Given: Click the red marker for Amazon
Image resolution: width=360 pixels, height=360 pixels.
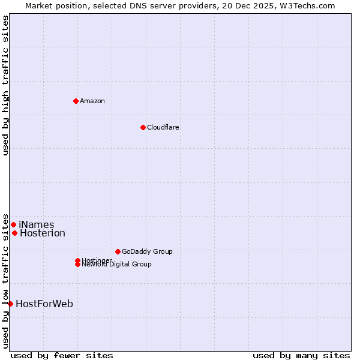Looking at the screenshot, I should (76, 101).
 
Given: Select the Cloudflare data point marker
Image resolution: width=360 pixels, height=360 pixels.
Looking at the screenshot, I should (143, 127).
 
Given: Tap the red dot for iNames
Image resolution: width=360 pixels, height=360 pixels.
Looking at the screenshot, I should (13, 224).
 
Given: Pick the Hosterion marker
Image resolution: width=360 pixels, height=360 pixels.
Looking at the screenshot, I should (14, 233).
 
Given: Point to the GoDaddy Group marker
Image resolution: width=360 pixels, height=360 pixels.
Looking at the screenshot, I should (118, 251).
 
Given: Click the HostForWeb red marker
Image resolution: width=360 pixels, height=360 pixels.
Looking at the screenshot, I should (10, 304).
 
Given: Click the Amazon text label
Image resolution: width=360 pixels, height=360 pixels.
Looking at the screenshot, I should (92, 101).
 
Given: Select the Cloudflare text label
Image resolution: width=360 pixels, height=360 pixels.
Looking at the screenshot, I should (163, 127).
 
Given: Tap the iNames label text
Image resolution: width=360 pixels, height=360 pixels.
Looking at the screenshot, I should (36, 225).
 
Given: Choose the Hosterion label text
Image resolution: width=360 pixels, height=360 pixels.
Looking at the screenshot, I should (43, 233).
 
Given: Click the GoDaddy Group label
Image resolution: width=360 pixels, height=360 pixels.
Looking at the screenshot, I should (147, 251).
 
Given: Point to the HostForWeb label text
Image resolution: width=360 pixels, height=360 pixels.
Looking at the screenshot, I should (44, 304).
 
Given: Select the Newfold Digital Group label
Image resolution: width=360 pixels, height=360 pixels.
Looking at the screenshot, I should (117, 265).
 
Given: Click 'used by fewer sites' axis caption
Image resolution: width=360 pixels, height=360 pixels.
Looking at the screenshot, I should (62, 355).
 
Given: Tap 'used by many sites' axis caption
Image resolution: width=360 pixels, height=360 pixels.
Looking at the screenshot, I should (301, 355).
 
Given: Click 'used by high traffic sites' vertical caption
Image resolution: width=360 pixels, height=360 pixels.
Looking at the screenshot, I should (5, 85).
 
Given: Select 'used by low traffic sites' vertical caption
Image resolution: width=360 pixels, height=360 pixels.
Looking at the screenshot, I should (5, 281).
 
